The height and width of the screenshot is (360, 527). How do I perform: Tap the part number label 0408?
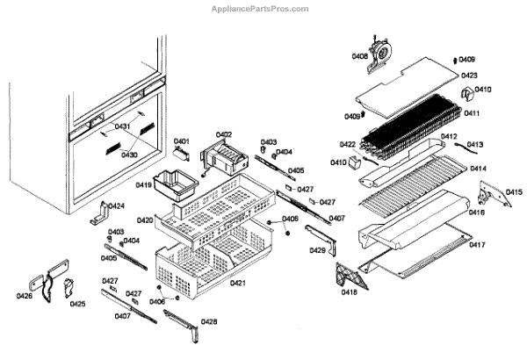pyautogui.click(x=360, y=56)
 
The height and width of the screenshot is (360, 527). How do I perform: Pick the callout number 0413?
pyautogui.click(x=474, y=144)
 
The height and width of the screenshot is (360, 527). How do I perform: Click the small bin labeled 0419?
pyautogui.click(x=170, y=186)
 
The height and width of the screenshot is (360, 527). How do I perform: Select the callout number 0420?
pyautogui.click(x=145, y=220)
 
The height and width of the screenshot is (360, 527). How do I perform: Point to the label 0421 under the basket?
pyautogui.click(x=238, y=283)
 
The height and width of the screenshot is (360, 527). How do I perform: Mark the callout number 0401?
pyautogui.click(x=182, y=140)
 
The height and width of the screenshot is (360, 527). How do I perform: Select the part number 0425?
pyautogui.click(x=78, y=305)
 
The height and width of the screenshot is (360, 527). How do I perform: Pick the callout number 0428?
pyautogui.click(x=209, y=321)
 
